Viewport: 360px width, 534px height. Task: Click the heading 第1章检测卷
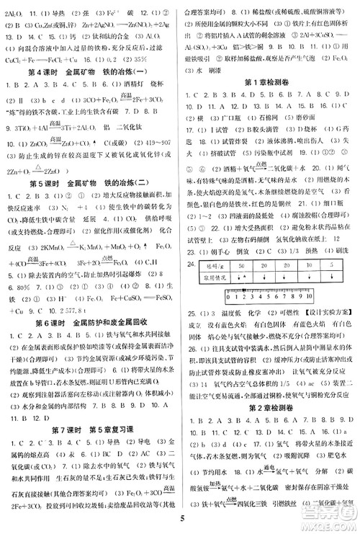coord(269,81)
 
